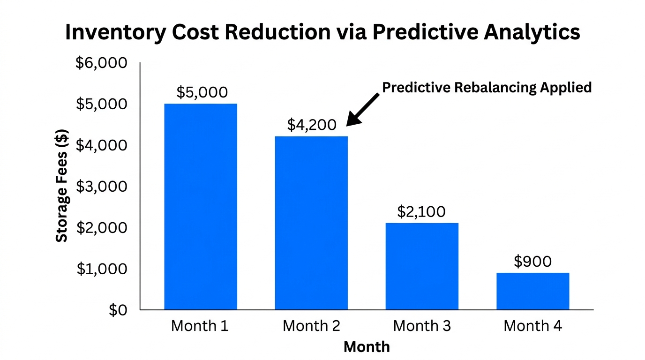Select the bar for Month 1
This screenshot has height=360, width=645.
[200, 206]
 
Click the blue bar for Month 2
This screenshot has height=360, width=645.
[311, 223]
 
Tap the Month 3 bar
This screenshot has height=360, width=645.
[422, 266]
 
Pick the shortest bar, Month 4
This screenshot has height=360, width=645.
[533, 291]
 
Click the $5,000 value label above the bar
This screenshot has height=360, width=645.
[202, 92]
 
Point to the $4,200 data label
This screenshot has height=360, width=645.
[312, 125]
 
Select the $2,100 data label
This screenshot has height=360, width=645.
[421, 212]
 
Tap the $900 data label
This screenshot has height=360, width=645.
[532, 261]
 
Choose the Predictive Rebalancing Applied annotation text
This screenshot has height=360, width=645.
[487, 88]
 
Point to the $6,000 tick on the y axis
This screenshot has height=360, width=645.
[101, 62]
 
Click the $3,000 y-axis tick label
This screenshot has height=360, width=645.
[101, 186]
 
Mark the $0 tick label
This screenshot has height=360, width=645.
[118, 310]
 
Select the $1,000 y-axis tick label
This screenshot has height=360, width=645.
[101, 269]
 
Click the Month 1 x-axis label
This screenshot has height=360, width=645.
[200, 326]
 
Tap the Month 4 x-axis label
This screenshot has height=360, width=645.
[532, 326]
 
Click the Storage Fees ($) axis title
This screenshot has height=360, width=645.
[62, 186]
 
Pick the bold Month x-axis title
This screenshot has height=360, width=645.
[367, 346]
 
